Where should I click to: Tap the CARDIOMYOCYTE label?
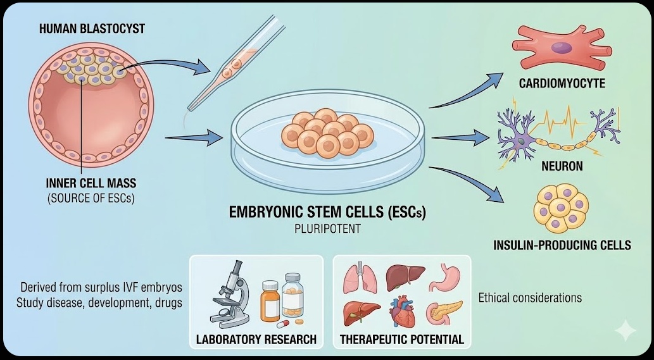tap(562, 84)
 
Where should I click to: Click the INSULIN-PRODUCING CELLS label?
tap(562, 245)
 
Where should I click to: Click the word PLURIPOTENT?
tap(327, 228)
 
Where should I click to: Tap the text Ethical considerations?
tap(530, 297)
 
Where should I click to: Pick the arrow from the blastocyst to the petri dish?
tap(192, 135)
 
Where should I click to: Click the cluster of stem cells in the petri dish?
tap(325, 133)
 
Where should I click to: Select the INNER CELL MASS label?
tap(91, 183)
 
